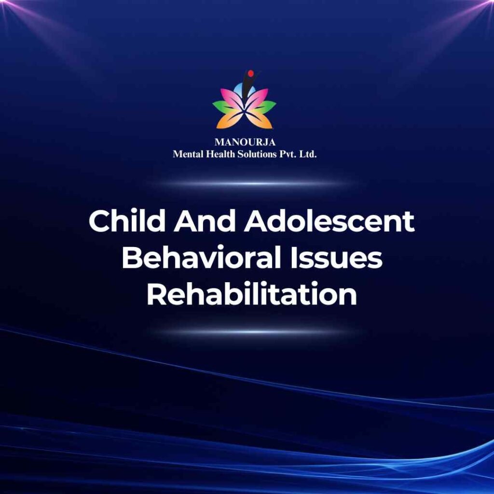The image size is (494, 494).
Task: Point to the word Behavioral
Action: click(x=201, y=257)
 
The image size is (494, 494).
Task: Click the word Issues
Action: click(x=336, y=257)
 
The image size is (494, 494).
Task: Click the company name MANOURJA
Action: click(x=245, y=142)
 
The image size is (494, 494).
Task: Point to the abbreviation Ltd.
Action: click(x=307, y=154)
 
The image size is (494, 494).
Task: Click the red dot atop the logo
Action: click(x=251, y=74)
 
